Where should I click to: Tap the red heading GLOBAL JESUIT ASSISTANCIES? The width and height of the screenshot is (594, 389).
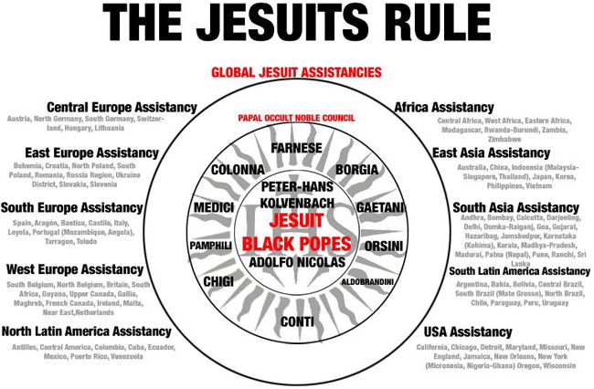click(296, 73)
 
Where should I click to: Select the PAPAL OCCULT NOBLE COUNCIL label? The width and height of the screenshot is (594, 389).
click(296, 118)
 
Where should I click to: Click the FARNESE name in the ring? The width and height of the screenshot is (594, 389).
click(297, 147)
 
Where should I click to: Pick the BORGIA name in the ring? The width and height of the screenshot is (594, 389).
click(356, 170)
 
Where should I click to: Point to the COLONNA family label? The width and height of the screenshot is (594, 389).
click(238, 170)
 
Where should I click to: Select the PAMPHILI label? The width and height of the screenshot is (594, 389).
click(210, 246)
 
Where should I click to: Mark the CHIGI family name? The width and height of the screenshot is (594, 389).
click(219, 281)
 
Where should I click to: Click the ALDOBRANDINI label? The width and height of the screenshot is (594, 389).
click(367, 282)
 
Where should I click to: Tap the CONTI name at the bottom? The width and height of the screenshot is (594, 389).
click(297, 321)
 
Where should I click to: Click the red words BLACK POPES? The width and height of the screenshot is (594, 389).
click(296, 243)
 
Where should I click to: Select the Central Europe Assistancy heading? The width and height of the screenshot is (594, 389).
click(122, 107)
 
